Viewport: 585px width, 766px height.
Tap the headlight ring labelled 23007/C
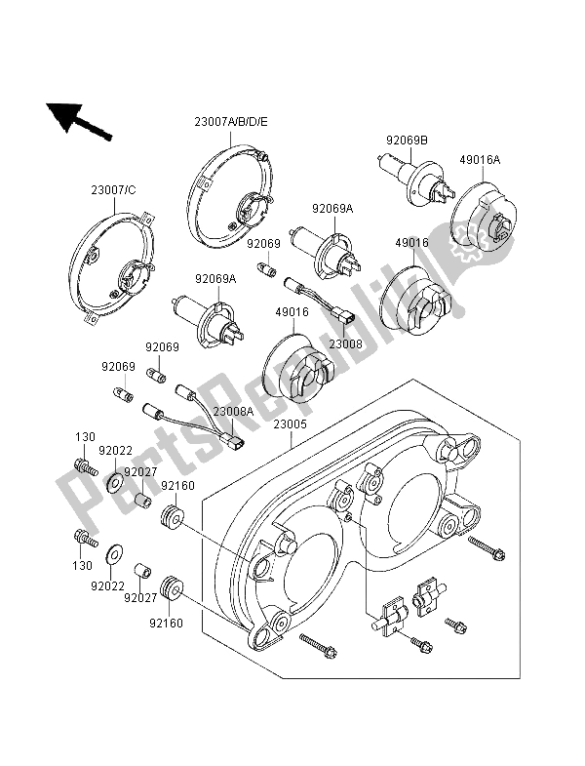point(109,262)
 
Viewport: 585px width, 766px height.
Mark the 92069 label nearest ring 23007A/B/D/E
point(262,244)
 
